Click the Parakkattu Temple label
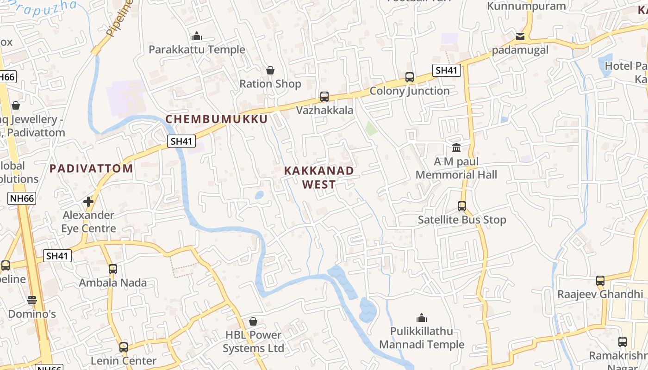pos(197,49)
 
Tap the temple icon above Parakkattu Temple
pos(197,36)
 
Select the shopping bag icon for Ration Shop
pos(270,70)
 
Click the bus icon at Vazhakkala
pos(324,97)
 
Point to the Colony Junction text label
pos(409,91)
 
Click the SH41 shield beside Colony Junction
pos(446,70)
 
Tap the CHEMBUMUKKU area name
pos(217,119)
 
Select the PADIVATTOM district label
pos(91,168)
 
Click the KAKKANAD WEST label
pos(319,177)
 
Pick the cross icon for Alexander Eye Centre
pos(88,202)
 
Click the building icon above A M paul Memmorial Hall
pos(456,148)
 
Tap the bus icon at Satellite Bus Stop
pos(462,206)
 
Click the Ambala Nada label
pos(112,283)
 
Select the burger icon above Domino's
pos(32,300)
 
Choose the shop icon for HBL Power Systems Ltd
pos(253,321)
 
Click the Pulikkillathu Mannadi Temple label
pos(422,338)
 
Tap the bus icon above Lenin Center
pos(124,347)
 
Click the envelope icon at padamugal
pos(520,36)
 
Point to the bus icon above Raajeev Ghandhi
pos(600,280)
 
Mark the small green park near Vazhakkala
pos(371,128)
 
